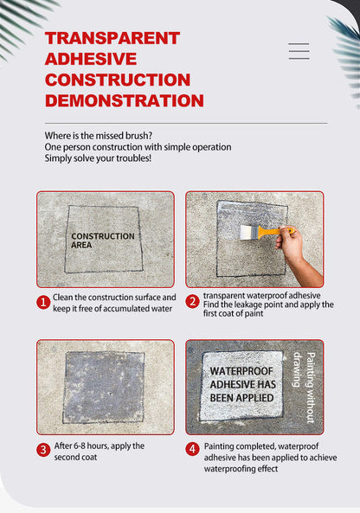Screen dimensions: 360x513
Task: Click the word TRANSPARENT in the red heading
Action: (112, 38)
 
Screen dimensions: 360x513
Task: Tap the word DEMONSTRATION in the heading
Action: (125, 100)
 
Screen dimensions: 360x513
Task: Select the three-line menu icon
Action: (299, 51)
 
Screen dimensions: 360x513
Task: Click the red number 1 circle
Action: (43, 303)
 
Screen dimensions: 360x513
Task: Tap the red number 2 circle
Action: (192, 302)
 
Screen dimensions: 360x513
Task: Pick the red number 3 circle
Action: (43, 450)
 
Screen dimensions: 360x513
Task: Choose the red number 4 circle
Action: (192, 449)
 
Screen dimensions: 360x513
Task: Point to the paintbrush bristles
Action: (248, 233)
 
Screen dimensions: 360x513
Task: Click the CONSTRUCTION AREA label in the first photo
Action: (103, 240)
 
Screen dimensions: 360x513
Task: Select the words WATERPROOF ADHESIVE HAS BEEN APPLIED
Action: (242, 384)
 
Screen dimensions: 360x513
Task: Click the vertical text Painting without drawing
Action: (304, 388)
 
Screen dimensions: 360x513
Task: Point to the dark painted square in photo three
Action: (104, 388)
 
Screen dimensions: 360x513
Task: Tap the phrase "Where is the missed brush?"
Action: (99, 136)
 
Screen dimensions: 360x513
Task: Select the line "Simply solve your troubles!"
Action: (98, 158)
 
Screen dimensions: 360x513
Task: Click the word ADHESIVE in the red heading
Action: (91, 59)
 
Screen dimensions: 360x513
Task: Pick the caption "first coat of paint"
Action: (233, 313)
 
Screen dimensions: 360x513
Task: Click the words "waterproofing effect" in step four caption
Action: (241, 469)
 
